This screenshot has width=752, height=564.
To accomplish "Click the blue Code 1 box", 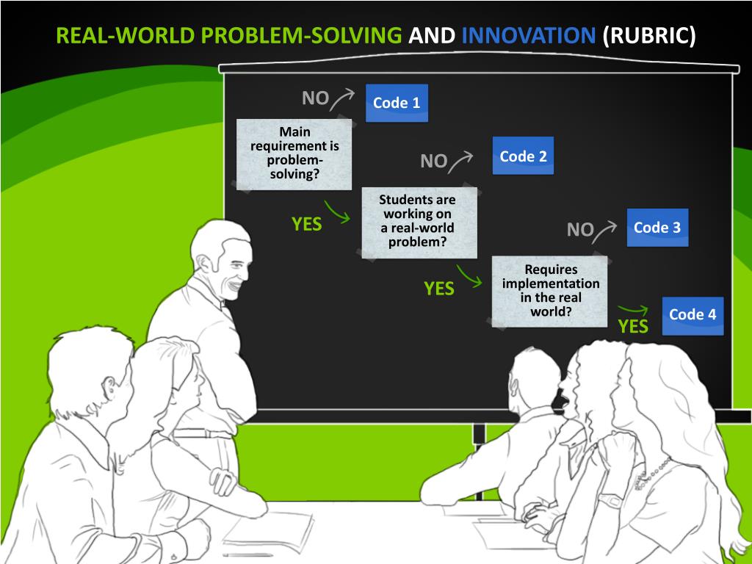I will coord(397,103).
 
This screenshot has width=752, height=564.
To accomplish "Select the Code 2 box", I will coord(523,156).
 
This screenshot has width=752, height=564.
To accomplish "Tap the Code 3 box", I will coord(657,228).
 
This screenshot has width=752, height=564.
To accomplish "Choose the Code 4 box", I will coord(693,315).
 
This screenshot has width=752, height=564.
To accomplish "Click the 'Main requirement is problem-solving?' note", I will coord(294,153).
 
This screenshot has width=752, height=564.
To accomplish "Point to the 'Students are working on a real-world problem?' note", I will coord(417,221).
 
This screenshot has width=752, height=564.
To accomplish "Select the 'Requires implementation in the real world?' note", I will coord(550,290).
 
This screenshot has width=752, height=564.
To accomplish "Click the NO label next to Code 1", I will coord(316,98).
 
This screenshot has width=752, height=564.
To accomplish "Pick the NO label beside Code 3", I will coord(580,230).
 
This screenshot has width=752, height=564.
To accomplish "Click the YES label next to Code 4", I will coord(633,326).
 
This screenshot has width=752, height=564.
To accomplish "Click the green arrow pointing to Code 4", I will coord(633,309).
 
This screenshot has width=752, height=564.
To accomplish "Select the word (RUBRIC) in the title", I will coord(649,35).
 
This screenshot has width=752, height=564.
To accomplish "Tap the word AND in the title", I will coord(432,35).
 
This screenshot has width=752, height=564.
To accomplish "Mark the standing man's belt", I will coord(203,433).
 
